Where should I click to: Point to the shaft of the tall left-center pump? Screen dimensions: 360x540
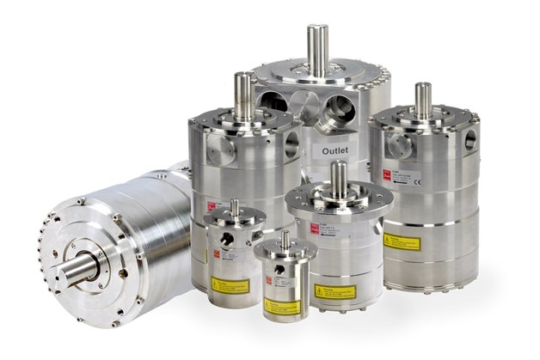click(x=243, y=95)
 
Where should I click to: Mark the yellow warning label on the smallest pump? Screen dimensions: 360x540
click(x=282, y=306)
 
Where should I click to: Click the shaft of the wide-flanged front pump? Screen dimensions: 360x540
click(x=338, y=179)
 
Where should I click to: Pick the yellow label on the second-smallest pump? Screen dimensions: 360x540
click(x=230, y=285)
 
